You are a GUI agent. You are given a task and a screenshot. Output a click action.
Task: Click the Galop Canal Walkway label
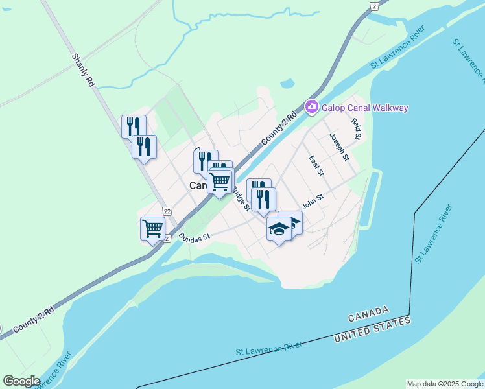pos(365,108)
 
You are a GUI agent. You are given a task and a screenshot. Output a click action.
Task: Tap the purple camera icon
pos(312,106)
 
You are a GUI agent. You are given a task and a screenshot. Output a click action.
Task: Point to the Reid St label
pos(355,129)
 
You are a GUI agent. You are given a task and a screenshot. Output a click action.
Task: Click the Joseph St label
pos(339,147)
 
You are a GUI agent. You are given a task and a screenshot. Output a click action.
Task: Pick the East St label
pos(316,165)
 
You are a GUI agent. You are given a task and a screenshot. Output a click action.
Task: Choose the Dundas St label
pos(195,237)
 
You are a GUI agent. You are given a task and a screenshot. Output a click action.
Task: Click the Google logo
pos(21,381)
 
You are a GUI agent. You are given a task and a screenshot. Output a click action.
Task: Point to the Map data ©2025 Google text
pos(444,384)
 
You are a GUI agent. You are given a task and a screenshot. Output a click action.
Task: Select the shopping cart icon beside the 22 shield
pos(152,228)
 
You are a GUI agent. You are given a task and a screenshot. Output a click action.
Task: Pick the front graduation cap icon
pos(279,230)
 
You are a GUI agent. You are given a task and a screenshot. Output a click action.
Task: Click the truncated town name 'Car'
pos(197,185)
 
